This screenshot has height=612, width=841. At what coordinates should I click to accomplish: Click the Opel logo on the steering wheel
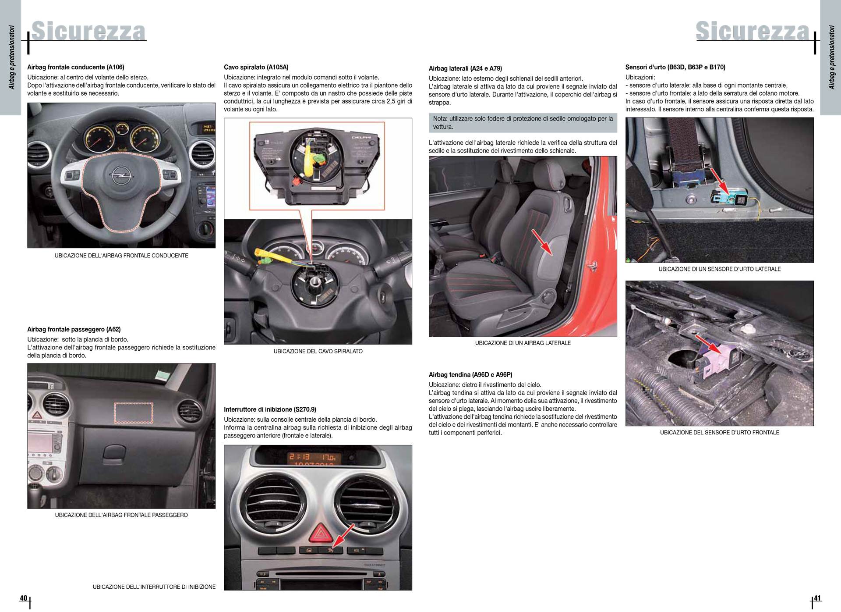tap(118, 176)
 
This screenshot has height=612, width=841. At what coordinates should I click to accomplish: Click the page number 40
tap(23, 598)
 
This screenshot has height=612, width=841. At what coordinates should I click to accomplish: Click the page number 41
tap(817, 598)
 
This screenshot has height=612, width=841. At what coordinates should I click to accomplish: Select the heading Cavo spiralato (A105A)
tap(256, 67)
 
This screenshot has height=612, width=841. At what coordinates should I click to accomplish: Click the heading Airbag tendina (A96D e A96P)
tap(470, 375)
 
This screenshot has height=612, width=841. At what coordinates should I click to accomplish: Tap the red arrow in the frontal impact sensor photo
tap(708, 345)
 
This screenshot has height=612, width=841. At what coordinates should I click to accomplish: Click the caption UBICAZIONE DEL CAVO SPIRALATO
tap(318, 351)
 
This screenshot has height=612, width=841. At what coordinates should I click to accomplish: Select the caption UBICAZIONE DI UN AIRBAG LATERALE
tap(523, 343)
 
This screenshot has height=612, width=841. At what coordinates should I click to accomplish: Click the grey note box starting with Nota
tap(523, 123)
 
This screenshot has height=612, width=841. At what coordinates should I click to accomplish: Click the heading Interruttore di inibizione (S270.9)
tap(270, 409)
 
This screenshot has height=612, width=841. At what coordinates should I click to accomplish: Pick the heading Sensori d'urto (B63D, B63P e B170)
tap(675, 67)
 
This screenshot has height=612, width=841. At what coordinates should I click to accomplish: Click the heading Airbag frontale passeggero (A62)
tap(74, 329)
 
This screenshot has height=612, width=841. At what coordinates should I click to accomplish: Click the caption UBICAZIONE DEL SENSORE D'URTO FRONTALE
tap(720, 432)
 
